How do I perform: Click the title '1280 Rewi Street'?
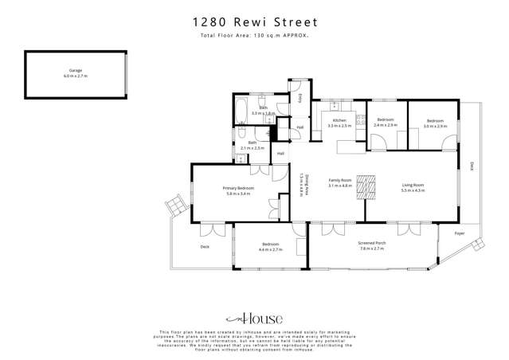click(x=255, y=23)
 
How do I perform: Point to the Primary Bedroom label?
click(x=239, y=188)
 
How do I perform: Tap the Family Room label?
click(x=341, y=181)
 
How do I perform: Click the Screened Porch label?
click(x=372, y=245)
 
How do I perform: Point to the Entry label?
click(x=300, y=98)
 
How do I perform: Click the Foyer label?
click(x=460, y=233)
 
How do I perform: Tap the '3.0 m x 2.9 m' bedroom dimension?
click(x=436, y=126)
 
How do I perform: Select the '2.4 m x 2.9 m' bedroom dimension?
click(x=386, y=126)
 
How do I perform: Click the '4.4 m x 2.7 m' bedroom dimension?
click(x=271, y=250)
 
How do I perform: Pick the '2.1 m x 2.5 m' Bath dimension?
click(x=252, y=148)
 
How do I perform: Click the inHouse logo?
click(x=254, y=316)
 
